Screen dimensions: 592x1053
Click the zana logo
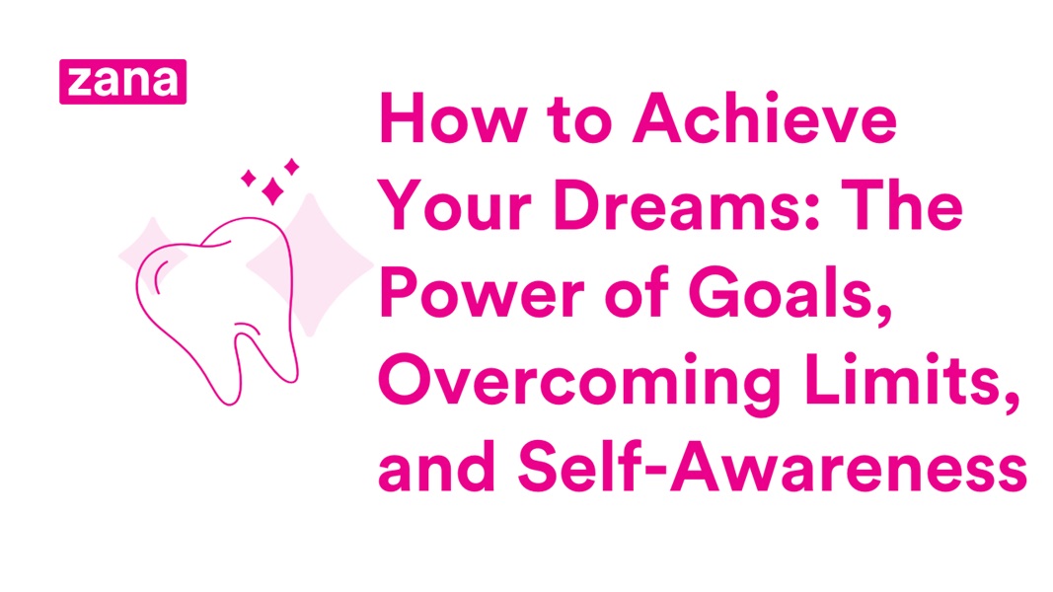(x=122, y=81)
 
